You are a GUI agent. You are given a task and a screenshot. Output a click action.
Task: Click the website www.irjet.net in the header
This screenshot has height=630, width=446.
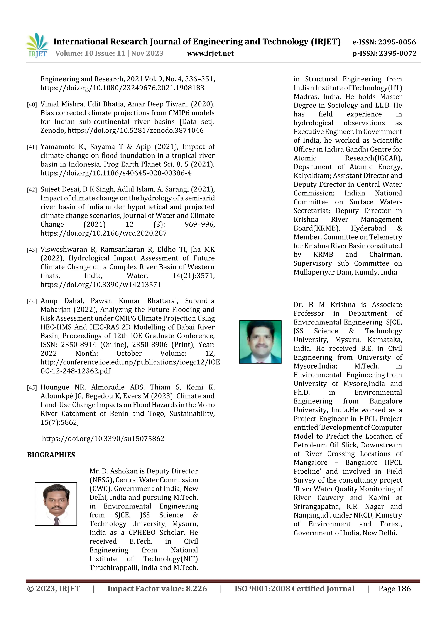coord(210,54)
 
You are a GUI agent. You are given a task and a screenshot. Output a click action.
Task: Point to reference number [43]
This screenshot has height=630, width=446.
coord(32,250)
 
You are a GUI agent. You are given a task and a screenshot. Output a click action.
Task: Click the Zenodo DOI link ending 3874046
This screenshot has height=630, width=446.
coord(135,131)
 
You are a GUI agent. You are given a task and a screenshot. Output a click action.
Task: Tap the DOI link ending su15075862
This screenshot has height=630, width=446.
coord(103,439)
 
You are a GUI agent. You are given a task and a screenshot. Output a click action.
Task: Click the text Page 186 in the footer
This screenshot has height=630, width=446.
coord(394,589)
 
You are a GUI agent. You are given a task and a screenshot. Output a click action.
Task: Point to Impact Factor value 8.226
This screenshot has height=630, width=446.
coord(157,589)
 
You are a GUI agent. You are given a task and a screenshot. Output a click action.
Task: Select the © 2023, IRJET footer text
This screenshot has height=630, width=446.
coord(53,589)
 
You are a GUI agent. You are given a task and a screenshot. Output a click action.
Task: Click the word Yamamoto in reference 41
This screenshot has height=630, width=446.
coord(57,147)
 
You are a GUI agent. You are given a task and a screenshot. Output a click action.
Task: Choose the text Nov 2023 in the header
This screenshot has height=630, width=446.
coord(147,54)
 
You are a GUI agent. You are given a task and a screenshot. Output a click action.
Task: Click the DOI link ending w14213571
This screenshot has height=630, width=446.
coord(101,285)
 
